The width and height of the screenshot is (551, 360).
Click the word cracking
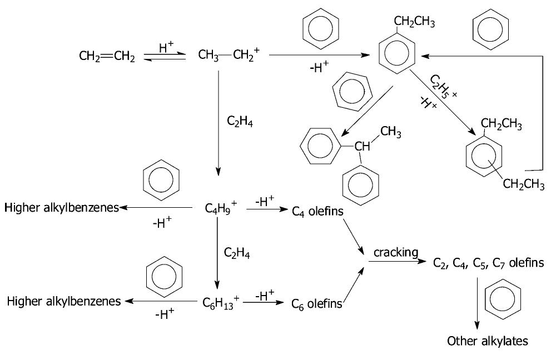click(x=395, y=253)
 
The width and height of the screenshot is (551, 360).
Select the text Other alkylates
click(x=488, y=341)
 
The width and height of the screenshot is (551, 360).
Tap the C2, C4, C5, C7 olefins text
click(x=488, y=263)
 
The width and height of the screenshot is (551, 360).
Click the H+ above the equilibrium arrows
click(x=166, y=48)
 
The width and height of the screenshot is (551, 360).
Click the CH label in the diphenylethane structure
click(x=362, y=147)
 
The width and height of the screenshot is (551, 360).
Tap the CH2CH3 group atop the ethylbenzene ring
click(x=414, y=22)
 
